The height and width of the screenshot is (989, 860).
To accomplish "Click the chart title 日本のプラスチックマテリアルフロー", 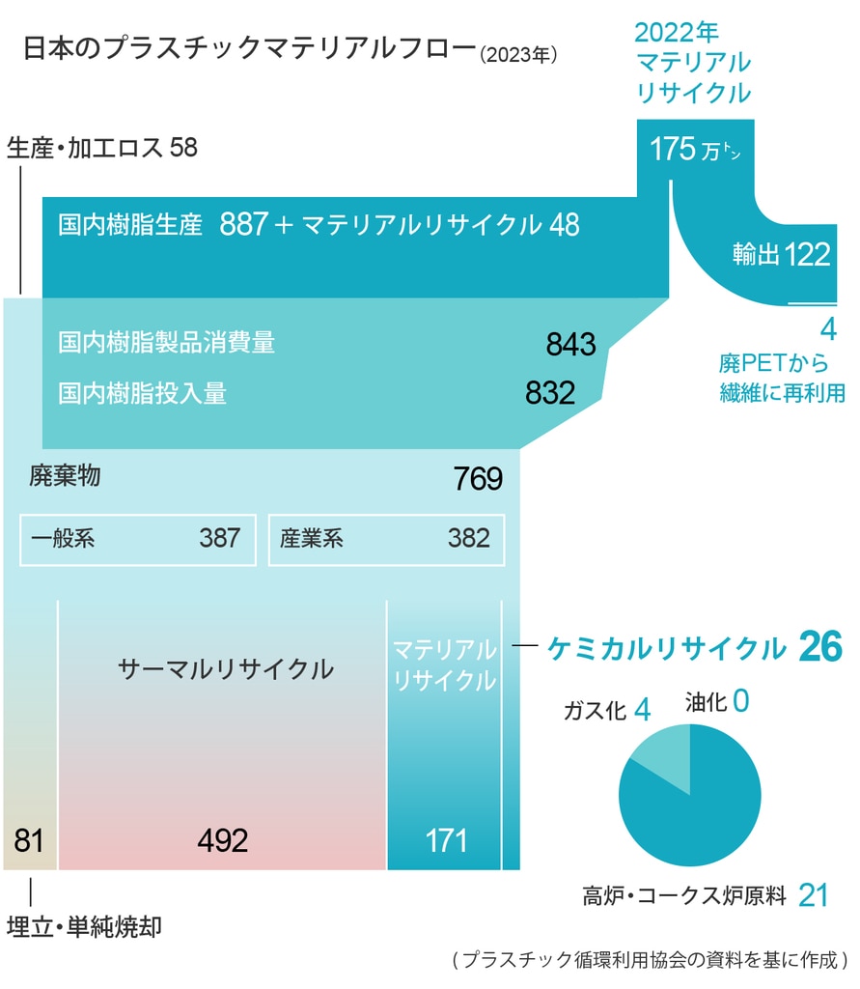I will pyautogui.click(x=249, y=49).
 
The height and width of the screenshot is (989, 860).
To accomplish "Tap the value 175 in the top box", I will pyautogui.click(x=673, y=150).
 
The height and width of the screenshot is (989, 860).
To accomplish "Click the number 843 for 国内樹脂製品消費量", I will pyautogui.click(x=571, y=344).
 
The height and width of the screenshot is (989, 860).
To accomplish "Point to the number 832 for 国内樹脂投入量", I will pyautogui.click(x=550, y=392).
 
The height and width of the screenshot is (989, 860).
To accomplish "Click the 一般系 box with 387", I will pyautogui.click(x=138, y=538).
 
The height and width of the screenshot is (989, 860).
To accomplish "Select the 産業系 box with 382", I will pyautogui.click(x=385, y=538).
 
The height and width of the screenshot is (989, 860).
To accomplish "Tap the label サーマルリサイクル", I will pyautogui.click(x=226, y=669).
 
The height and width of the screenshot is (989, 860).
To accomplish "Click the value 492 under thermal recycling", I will pyautogui.click(x=222, y=840).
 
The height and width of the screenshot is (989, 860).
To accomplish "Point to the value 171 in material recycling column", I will pyautogui.click(x=446, y=840).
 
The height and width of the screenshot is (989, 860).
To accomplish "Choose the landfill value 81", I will pyautogui.click(x=30, y=840).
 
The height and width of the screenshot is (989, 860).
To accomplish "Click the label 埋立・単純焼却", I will pyautogui.click(x=84, y=929).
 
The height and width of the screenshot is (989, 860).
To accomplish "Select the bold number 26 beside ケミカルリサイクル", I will pyautogui.click(x=821, y=648).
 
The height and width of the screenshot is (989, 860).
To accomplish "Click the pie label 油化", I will pyautogui.click(x=706, y=701).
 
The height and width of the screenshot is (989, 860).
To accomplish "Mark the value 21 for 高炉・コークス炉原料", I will pyautogui.click(x=814, y=895).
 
